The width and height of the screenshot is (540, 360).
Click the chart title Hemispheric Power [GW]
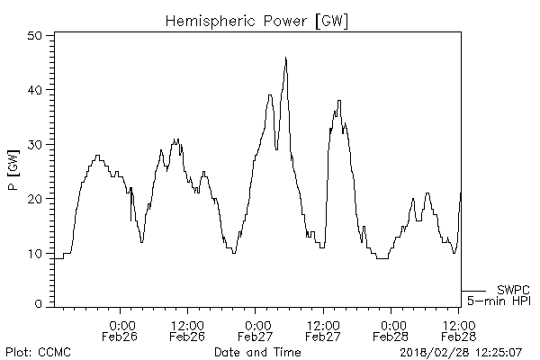[x=257, y=19]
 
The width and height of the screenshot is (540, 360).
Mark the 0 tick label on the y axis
[x=40, y=305]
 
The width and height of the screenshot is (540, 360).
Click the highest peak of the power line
[x=286, y=58]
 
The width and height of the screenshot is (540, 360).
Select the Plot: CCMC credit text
[x=38, y=351]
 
